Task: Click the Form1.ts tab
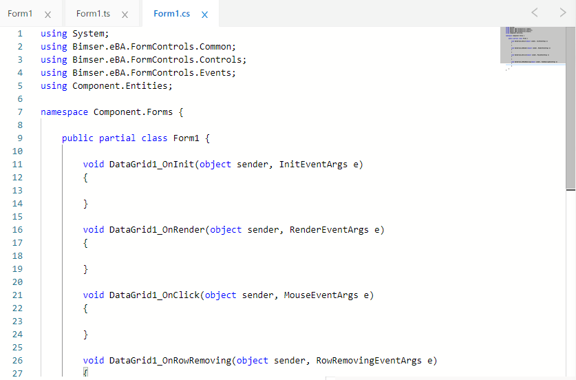coord(93,14)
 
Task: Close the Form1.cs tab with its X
coord(204,14)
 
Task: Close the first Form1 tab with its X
coord(47,14)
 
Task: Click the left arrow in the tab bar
coord(535,12)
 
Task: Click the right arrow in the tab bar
coord(563,12)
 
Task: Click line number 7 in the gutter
coord(20,112)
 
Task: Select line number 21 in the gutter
coord(18,295)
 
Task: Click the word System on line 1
coord(88,33)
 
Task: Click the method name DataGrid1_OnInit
coord(151,164)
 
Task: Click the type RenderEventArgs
coord(329,229)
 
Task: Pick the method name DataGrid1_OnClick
coord(154,295)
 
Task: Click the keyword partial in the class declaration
coord(118,138)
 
